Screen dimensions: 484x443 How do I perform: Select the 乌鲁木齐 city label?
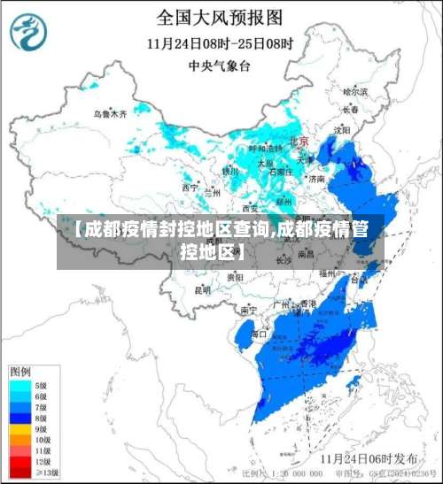point(111,114)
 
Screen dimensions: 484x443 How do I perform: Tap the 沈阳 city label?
point(342,130)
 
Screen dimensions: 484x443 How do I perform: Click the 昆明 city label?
point(203,289)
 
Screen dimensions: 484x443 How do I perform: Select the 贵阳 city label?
point(235,277)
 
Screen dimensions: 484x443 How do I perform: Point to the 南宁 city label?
point(248,310)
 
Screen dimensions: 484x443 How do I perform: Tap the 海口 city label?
point(259,334)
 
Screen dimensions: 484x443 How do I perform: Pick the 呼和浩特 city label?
point(263,149)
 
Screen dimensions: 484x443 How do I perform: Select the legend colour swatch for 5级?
point(18,386)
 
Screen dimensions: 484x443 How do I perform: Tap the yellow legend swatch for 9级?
point(18,428)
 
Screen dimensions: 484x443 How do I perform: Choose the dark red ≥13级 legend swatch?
point(18,472)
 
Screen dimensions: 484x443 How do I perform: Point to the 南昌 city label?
point(306,253)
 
